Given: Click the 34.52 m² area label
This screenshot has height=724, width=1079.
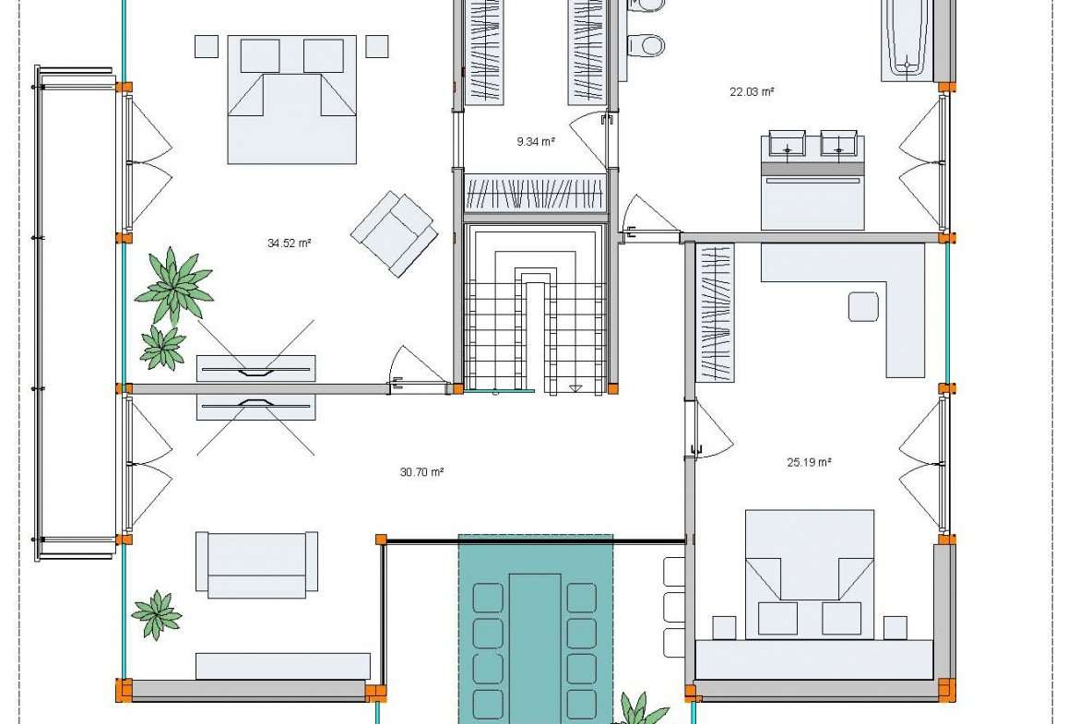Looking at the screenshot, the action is [289, 243].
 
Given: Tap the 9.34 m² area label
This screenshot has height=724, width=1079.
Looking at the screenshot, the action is [536, 142].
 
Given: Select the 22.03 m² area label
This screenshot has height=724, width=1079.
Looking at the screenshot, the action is [752, 91].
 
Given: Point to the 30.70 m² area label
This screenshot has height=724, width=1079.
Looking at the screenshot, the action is [421, 472].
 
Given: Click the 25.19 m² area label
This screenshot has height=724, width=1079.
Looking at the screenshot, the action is [809, 462].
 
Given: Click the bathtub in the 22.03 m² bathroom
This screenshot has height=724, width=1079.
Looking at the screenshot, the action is [907, 41].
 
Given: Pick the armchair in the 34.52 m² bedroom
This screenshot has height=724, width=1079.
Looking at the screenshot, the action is [395, 233].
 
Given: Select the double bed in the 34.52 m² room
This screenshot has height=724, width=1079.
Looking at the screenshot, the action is [291, 100].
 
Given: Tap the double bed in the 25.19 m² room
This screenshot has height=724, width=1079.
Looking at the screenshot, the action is [810, 575].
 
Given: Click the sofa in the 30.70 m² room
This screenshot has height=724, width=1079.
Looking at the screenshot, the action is [256, 564].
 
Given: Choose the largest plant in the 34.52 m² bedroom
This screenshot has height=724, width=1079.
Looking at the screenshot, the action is [175, 286].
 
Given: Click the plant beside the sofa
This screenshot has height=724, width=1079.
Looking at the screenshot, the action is [157, 614].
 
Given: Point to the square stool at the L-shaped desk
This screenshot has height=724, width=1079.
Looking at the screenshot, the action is [863, 306].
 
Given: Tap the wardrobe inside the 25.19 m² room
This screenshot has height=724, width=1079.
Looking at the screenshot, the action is [716, 313].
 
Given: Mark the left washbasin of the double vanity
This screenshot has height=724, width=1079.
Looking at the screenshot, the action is [786, 143].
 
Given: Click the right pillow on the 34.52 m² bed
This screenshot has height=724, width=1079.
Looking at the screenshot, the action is [324, 55].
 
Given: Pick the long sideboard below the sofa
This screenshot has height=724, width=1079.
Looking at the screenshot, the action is [283, 666].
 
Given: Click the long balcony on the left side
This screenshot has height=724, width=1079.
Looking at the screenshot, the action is [75, 314].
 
